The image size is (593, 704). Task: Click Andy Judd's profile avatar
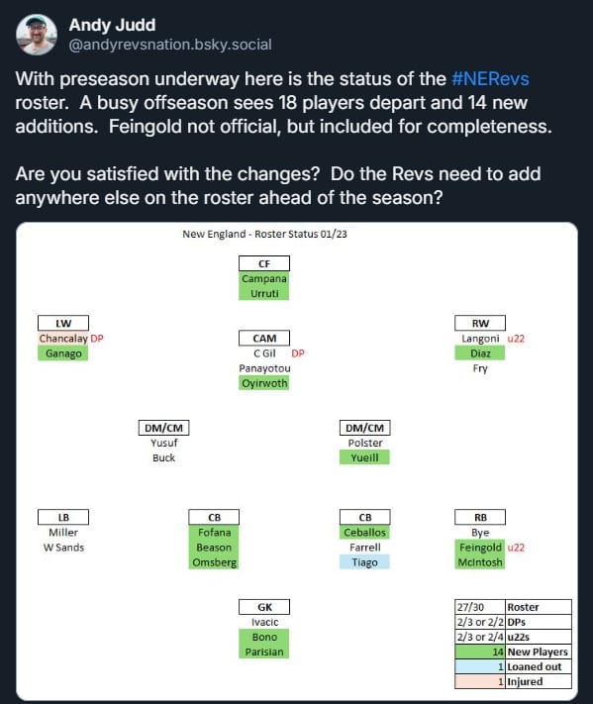37,35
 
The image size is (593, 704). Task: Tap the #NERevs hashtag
490,78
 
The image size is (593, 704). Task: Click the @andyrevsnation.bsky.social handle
170,45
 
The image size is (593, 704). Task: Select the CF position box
264,263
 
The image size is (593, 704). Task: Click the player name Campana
264,278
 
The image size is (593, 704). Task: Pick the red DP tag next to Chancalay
97,338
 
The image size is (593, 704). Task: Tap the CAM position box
264,338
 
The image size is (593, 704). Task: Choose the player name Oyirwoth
264,383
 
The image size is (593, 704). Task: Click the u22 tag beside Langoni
516,339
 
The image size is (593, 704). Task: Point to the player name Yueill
364,457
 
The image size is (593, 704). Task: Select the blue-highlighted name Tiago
364,562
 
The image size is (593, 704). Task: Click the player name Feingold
480,548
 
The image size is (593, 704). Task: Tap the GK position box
264,607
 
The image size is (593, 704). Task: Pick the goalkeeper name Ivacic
264,622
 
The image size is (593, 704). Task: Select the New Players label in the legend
538,652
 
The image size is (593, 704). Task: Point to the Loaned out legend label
535,666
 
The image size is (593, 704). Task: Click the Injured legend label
525,681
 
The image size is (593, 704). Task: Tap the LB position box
63,517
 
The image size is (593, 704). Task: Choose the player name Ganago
63,353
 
